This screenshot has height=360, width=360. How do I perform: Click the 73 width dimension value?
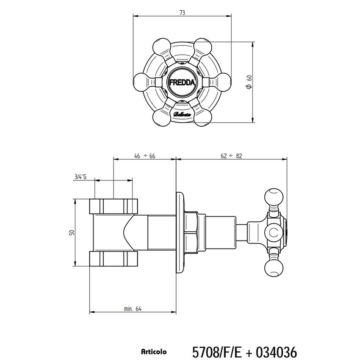(x=182, y=13)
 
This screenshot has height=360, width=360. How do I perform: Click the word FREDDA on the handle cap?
(x=182, y=83)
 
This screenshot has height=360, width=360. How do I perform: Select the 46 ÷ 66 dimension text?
(x=144, y=156)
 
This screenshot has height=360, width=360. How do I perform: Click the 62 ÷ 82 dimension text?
(x=231, y=156)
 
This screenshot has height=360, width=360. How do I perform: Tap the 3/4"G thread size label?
(x=80, y=177)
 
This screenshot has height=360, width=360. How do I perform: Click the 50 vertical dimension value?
(x=72, y=232)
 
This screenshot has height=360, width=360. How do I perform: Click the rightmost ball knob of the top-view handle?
(x=223, y=82)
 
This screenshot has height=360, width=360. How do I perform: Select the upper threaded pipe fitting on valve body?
(x=114, y=206)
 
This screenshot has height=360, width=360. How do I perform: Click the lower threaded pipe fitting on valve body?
(x=114, y=259)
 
